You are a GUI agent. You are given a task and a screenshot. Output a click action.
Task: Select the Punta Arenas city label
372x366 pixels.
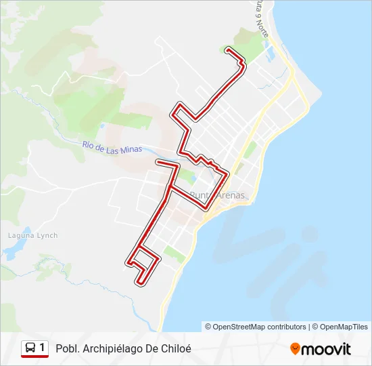[218, 196]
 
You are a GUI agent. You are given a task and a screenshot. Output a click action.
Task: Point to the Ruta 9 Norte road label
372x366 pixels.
[261, 18]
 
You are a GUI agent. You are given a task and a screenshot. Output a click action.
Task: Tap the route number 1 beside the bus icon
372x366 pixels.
[43, 348]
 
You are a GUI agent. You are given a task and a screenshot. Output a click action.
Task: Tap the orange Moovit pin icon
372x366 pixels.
[295, 349]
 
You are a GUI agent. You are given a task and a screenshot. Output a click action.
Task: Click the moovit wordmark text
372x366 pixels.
[326, 349]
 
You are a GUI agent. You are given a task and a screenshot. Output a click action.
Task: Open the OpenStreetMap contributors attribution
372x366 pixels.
[260, 327]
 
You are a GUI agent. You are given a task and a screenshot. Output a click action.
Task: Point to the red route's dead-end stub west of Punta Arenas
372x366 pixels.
[158, 163]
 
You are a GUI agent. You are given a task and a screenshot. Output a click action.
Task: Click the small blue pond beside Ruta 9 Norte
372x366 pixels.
[271, 49]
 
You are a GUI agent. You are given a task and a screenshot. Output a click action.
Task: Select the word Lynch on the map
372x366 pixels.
[47, 235]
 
